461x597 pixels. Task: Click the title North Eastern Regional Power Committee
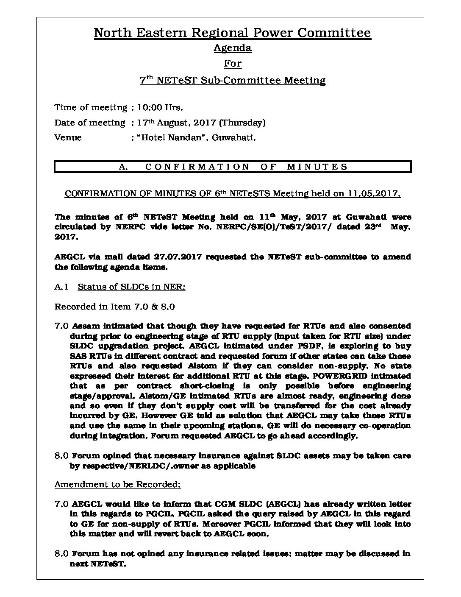232,33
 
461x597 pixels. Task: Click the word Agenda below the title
232,48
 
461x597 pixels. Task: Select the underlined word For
232,64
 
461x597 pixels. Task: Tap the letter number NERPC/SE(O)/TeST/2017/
261,227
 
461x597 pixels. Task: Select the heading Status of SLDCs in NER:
131,287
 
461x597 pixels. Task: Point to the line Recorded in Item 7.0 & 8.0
114,307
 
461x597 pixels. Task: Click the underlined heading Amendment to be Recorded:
117,484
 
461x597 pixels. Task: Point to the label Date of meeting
89,123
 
